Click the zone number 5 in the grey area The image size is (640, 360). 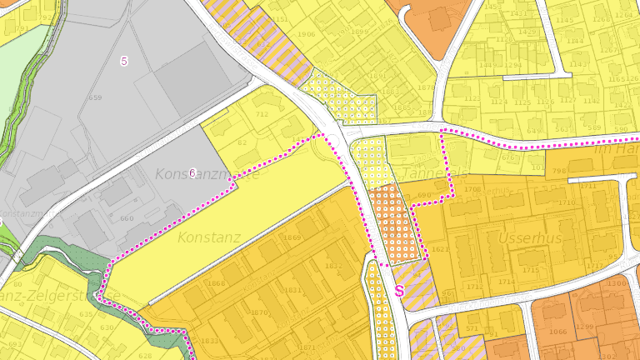pyautogui.click(x=124, y=61)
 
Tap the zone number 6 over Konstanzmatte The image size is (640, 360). pyautogui.click(x=192, y=173)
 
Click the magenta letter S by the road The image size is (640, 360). pyautogui.click(x=399, y=291)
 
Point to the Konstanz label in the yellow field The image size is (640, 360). pyautogui.click(x=208, y=237)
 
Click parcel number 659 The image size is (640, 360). pyautogui.click(x=96, y=97)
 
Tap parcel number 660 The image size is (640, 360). pyautogui.click(x=127, y=219)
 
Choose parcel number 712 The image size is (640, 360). pyautogui.click(x=262, y=115)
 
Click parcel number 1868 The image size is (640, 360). pyautogui.click(x=216, y=283)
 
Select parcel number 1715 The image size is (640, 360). pyautogui.click(x=530, y=270)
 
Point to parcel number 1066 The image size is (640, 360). pyautogui.click(x=557, y=332)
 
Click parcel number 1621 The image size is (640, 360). pyautogui.click(x=440, y=250)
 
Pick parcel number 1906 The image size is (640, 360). pyautogui.click(x=307, y=34)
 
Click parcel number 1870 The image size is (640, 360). pyautogui.click(x=259, y=313)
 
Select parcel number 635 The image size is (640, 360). pyautogui.click(x=87, y=315)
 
